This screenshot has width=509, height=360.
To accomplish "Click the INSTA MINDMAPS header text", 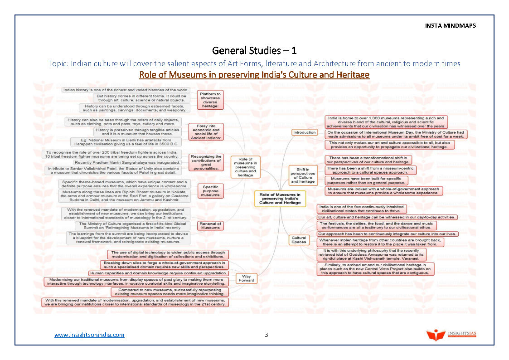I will (x=450, y=26).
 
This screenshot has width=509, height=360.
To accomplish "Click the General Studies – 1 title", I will (x=254, y=50).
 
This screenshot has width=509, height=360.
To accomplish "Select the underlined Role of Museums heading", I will (x=254, y=74).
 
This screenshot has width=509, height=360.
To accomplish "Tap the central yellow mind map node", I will (x=280, y=198).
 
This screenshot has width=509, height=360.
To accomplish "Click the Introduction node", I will (x=304, y=132).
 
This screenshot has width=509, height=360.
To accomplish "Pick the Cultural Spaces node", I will (x=299, y=240).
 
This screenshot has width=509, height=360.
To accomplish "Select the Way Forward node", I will (x=246, y=278).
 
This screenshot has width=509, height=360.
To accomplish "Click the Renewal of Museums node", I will (x=210, y=225).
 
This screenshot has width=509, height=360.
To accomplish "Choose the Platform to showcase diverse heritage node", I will (x=210, y=100).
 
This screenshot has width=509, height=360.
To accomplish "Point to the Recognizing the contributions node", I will (x=206, y=162).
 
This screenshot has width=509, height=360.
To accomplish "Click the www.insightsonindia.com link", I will (x=89, y=335).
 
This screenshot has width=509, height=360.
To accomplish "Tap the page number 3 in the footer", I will (x=267, y=335).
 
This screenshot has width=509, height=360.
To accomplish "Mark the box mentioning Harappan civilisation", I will (x=126, y=142).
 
